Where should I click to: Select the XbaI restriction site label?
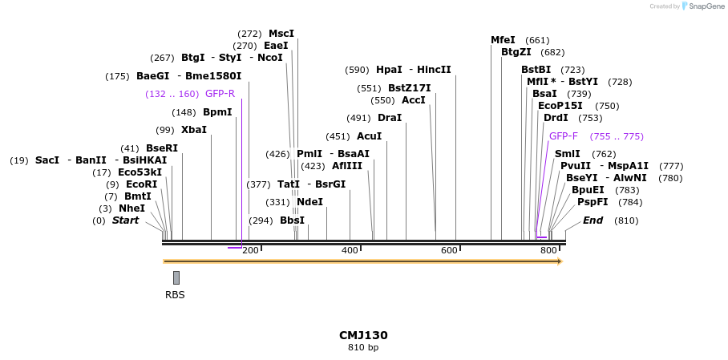click(x=193, y=130)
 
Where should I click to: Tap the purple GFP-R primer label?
click(x=220, y=94)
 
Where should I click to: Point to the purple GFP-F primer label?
click(x=563, y=136)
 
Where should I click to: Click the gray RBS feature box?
click(x=176, y=277)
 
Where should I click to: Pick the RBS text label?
click(x=175, y=295)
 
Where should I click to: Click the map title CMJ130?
click(x=363, y=335)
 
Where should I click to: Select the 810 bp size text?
click(x=363, y=348)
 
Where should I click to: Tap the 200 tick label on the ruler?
click(x=250, y=251)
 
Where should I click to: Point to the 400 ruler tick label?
click(x=350, y=251)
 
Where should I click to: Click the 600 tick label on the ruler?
click(x=449, y=251)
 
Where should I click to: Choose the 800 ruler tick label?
click(x=548, y=251)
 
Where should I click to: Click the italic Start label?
click(x=125, y=220)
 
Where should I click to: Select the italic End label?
click(x=593, y=220)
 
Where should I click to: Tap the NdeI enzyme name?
click(x=309, y=202)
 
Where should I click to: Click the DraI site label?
click(x=389, y=118)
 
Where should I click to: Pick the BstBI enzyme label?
click(x=536, y=70)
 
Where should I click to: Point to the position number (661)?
click(x=537, y=40)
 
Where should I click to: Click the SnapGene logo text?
click(x=707, y=6)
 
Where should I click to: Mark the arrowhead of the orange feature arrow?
click(x=560, y=261)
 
